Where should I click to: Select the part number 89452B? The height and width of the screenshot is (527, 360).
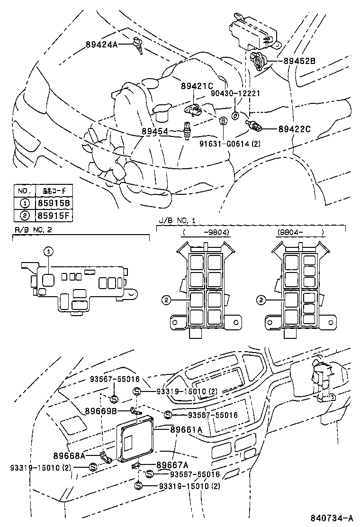click(299, 61)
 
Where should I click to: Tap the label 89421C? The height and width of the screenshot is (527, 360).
click(197, 86)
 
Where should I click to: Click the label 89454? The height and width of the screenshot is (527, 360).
click(156, 130)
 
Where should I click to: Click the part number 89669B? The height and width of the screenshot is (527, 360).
click(100, 411)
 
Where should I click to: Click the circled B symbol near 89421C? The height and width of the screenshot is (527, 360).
click(223, 121)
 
